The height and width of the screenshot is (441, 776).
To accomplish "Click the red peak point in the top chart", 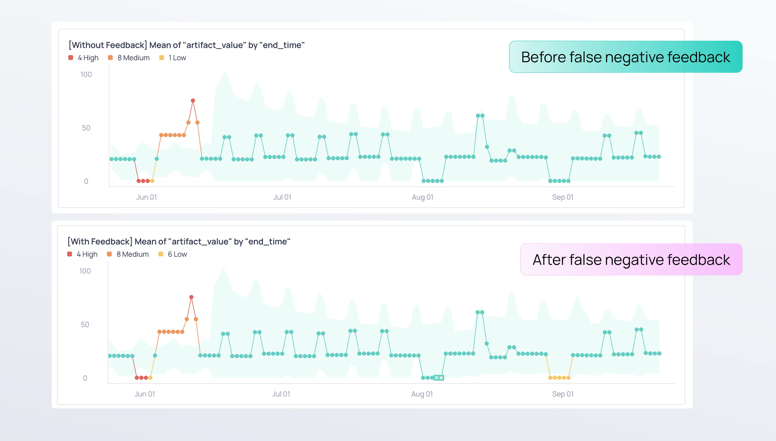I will click(x=193, y=100).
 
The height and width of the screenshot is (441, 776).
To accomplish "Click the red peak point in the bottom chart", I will click(x=191, y=297).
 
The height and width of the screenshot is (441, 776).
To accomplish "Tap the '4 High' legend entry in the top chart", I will click(x=83, y=58).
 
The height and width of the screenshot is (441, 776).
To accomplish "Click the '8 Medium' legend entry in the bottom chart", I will click(x=128, y=254).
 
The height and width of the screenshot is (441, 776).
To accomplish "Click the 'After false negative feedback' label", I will click(x=631, y=260).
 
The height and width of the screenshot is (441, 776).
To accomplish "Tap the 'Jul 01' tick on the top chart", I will click(x=282, y=197).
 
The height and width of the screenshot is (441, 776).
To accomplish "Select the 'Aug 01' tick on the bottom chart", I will click(x=422, y=394).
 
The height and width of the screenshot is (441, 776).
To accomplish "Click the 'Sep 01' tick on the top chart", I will click(x=563, y=197).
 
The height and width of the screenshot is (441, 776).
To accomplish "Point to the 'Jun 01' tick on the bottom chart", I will click(x=145, y=394).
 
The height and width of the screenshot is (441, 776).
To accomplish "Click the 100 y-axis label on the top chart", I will click(x=86, y=74).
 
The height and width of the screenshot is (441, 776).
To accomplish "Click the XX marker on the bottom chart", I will click(x=439, y=378).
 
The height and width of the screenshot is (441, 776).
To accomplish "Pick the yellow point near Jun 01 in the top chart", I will click(x=152, y=181).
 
